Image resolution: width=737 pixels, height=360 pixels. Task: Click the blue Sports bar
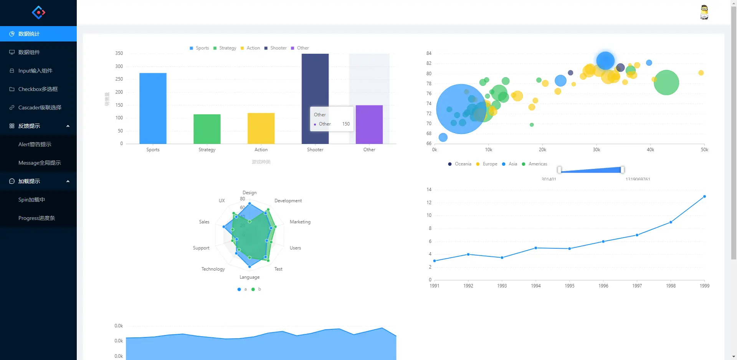(153, 108)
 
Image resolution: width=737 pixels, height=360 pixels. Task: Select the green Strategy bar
(207, 129)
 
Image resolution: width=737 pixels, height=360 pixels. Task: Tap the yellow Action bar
(261, 128)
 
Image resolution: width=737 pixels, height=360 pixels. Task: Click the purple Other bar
(369, 124)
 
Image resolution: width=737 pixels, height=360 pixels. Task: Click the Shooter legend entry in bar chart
(276, 48)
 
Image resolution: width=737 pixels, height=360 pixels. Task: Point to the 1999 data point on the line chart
(704, 197)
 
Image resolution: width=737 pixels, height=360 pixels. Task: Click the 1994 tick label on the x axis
(535, 286)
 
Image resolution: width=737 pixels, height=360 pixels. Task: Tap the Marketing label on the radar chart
(300, 222)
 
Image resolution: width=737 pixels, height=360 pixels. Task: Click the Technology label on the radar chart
(213, 269)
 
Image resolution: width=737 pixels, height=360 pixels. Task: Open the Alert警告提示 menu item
(35, 144)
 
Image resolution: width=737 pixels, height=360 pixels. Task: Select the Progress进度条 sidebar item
(37, 218)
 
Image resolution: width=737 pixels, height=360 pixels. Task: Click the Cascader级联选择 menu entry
(40, 107)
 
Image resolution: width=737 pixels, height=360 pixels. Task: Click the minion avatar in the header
(704, 12)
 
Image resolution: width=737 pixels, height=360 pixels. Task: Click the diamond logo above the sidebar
(38, 12)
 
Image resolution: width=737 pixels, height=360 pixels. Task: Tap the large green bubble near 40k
(666, 83)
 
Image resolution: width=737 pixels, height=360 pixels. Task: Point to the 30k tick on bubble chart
(596, 150)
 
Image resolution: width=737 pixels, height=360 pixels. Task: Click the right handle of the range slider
(622, 170)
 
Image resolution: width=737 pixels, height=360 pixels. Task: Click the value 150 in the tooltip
(346, 124)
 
